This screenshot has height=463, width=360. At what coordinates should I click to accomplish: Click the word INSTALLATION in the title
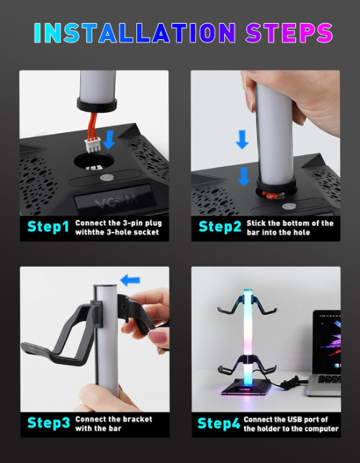tap(134, 32)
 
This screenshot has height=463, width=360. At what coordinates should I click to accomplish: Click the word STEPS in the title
tap(288, 32)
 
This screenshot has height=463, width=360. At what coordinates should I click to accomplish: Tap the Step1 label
tap(48, 227)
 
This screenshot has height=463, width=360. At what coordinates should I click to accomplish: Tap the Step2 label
tap(219, 227)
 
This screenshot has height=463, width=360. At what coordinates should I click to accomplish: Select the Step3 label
tap(49, 423)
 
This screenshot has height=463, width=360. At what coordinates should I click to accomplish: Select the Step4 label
tap(220, 423)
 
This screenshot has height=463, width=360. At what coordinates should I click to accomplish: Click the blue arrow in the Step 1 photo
tap(109, 139)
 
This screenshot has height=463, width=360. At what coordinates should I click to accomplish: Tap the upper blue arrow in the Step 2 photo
tap(243, 141)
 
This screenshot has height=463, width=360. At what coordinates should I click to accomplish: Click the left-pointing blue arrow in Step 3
tap(130, 280)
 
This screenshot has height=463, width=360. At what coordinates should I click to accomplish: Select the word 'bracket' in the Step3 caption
tap(138, 419)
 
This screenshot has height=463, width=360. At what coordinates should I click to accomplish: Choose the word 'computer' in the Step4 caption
tap(320, 429)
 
